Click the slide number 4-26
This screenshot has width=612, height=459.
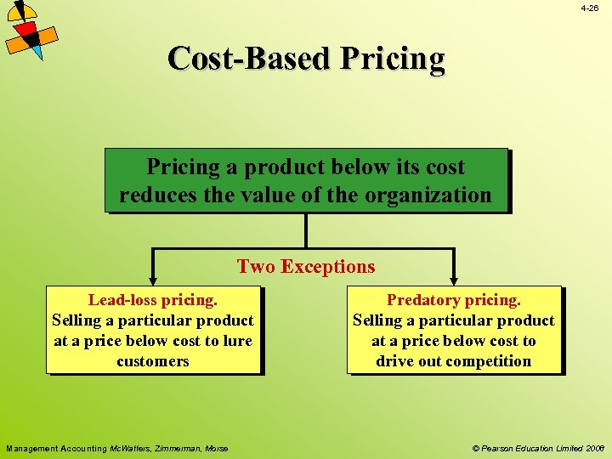point(590,8)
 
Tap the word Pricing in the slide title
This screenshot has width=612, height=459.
point(393,59)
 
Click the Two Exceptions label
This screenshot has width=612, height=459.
point(306,266)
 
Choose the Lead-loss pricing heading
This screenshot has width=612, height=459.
point(153,300)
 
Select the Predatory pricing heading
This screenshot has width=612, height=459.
point(454,300)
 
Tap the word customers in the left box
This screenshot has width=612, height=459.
point(153,361)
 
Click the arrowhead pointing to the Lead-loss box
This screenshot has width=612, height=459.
point(153,277)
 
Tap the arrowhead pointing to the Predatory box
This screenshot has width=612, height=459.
point(453,277)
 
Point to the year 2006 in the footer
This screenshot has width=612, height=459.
point(594,448)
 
